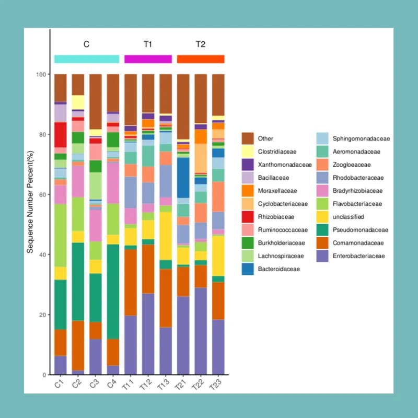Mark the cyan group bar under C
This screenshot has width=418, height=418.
87,59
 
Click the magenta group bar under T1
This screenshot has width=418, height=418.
148,59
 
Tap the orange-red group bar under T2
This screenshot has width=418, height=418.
201,59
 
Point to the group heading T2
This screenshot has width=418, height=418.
201,44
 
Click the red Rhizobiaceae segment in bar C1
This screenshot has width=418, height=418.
60,135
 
